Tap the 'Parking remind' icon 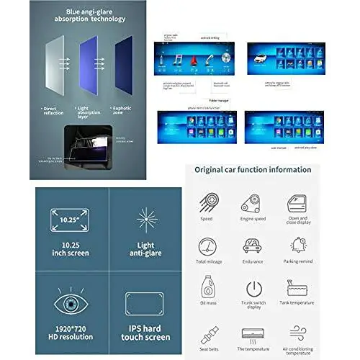coord(297,246)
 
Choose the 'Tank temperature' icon coord(297,287)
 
